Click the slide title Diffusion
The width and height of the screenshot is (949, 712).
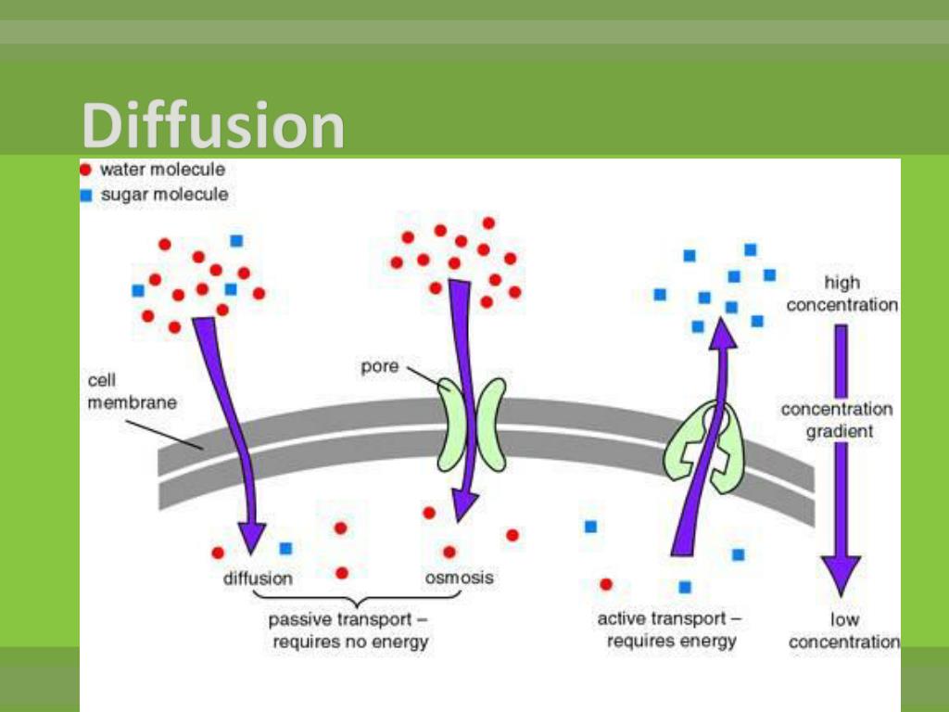[x=213, y=126]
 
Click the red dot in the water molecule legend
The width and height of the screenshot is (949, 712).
[x=85, y=170]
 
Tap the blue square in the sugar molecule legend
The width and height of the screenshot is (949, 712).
[x=85, y=195]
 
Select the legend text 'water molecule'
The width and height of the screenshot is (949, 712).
[x=162, y=170]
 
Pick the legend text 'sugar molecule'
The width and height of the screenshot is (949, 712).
[x=164, y=195]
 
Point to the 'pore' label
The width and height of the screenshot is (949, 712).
[x=379, y=366]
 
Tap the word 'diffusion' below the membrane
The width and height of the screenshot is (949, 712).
[x=258, y=578]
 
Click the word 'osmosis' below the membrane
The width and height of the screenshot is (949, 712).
[x=459, y=578]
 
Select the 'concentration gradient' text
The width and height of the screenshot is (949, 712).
[x=837, y=420]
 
